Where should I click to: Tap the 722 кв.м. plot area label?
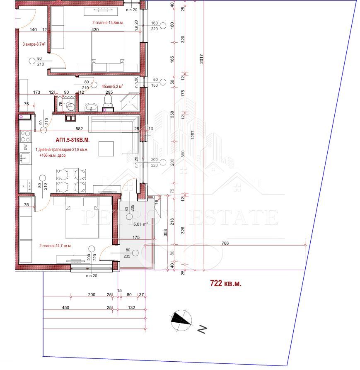226,284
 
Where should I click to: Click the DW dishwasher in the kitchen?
26,147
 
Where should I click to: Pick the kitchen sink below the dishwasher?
25,158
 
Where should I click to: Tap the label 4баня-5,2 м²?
112,86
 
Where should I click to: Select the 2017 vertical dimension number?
201,59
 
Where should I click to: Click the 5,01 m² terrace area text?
140,224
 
